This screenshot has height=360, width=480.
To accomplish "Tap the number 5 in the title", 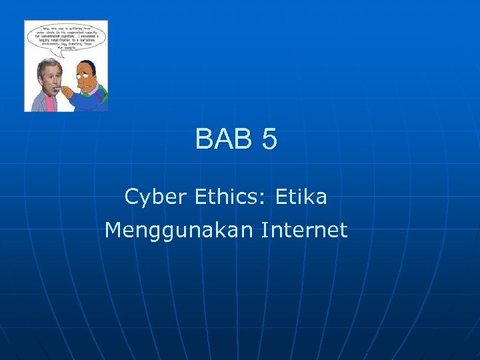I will pos(269,139).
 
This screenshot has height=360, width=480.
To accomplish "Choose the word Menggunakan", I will pos(179,231).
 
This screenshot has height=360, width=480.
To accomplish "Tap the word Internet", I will pos(305,231).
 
